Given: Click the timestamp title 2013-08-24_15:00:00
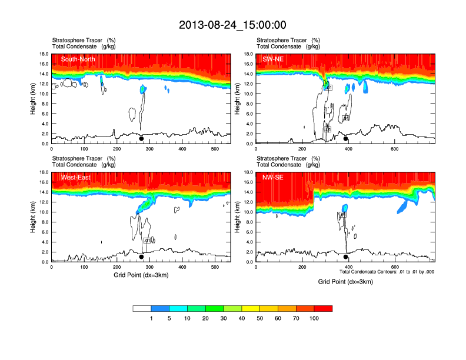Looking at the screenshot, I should coord(232,25).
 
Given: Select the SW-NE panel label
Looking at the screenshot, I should coord(272,59).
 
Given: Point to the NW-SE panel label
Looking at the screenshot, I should coord(273,177).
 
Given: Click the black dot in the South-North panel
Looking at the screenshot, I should coord(141,139).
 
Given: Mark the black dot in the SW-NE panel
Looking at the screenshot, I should coord(346,139).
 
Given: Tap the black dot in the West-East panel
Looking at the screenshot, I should coord(141,257).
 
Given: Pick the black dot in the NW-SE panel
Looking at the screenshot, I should coord(346,257).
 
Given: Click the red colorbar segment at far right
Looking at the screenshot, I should coord(323,308).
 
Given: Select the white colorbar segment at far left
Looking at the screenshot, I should coord(142,308).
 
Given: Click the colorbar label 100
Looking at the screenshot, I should coord(314,318).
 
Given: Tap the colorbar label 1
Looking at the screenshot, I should coord(151,318).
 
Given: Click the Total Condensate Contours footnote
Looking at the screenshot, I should coord(387,272).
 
